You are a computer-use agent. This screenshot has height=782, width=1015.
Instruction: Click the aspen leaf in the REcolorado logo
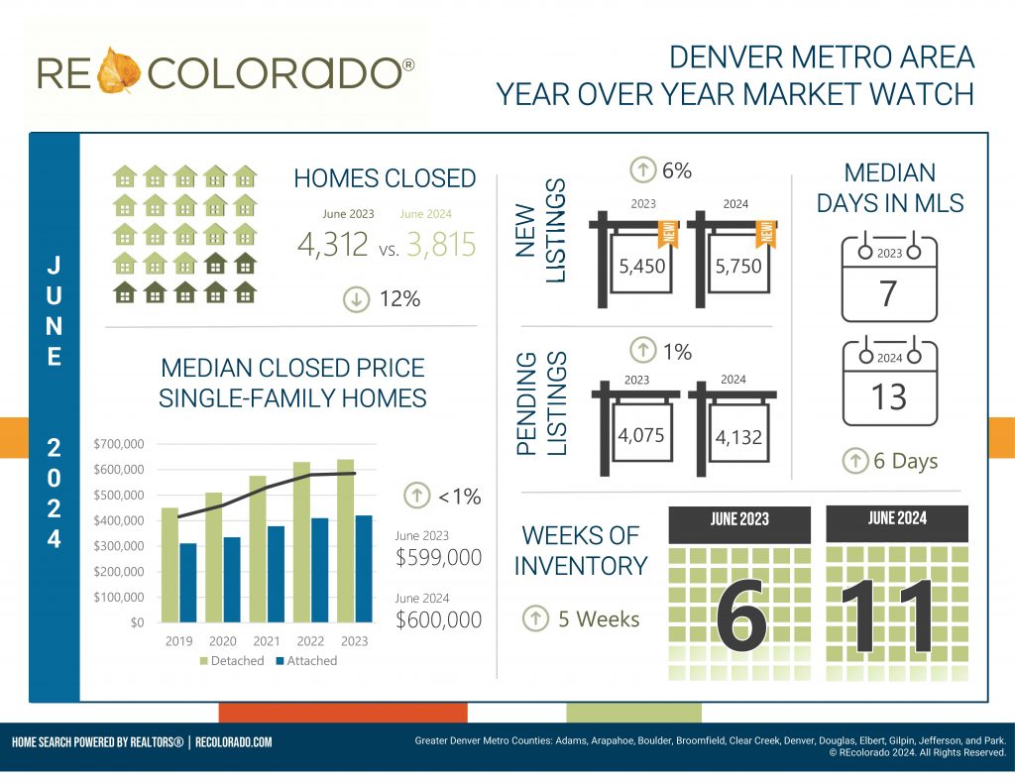121,69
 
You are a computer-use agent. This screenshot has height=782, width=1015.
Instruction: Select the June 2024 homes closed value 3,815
437,244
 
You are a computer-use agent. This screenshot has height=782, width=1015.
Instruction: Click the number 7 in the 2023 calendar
889,293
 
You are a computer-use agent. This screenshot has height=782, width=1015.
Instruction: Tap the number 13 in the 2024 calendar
889,396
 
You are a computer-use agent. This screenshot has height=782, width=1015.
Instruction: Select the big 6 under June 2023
741,614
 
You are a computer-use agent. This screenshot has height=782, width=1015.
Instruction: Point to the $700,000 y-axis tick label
119,443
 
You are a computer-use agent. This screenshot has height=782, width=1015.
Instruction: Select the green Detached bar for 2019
170,565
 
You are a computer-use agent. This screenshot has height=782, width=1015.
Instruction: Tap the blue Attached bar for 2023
363,569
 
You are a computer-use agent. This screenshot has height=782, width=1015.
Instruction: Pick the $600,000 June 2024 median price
439,619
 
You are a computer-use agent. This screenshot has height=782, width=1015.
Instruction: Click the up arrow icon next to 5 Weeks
535,619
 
